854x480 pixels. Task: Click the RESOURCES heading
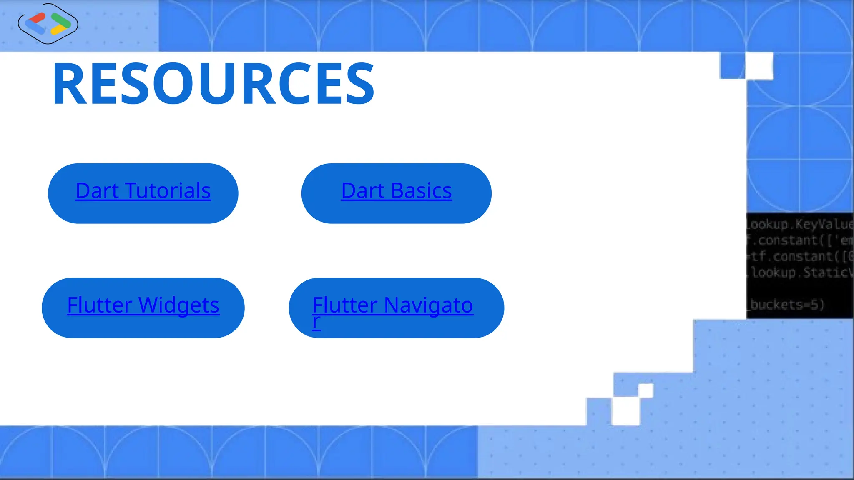[x=213, y=83]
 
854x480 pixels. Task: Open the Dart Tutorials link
[x=143, y=191]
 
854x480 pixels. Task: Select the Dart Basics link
[x=396, y=191]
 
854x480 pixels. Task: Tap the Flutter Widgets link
[x=143, y=305]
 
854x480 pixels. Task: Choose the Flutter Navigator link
[x=392, y=306]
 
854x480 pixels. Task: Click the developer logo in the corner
[x=48, y=24]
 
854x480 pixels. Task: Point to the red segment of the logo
[x=38, y=18]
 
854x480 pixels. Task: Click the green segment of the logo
[x=61, y=19]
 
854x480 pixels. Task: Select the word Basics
[x=421, y=191]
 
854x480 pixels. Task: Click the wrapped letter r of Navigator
[x=316, y=322]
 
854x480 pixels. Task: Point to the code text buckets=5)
[x=787, y=305]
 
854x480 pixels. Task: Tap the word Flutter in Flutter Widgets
[x=99, y=305]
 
